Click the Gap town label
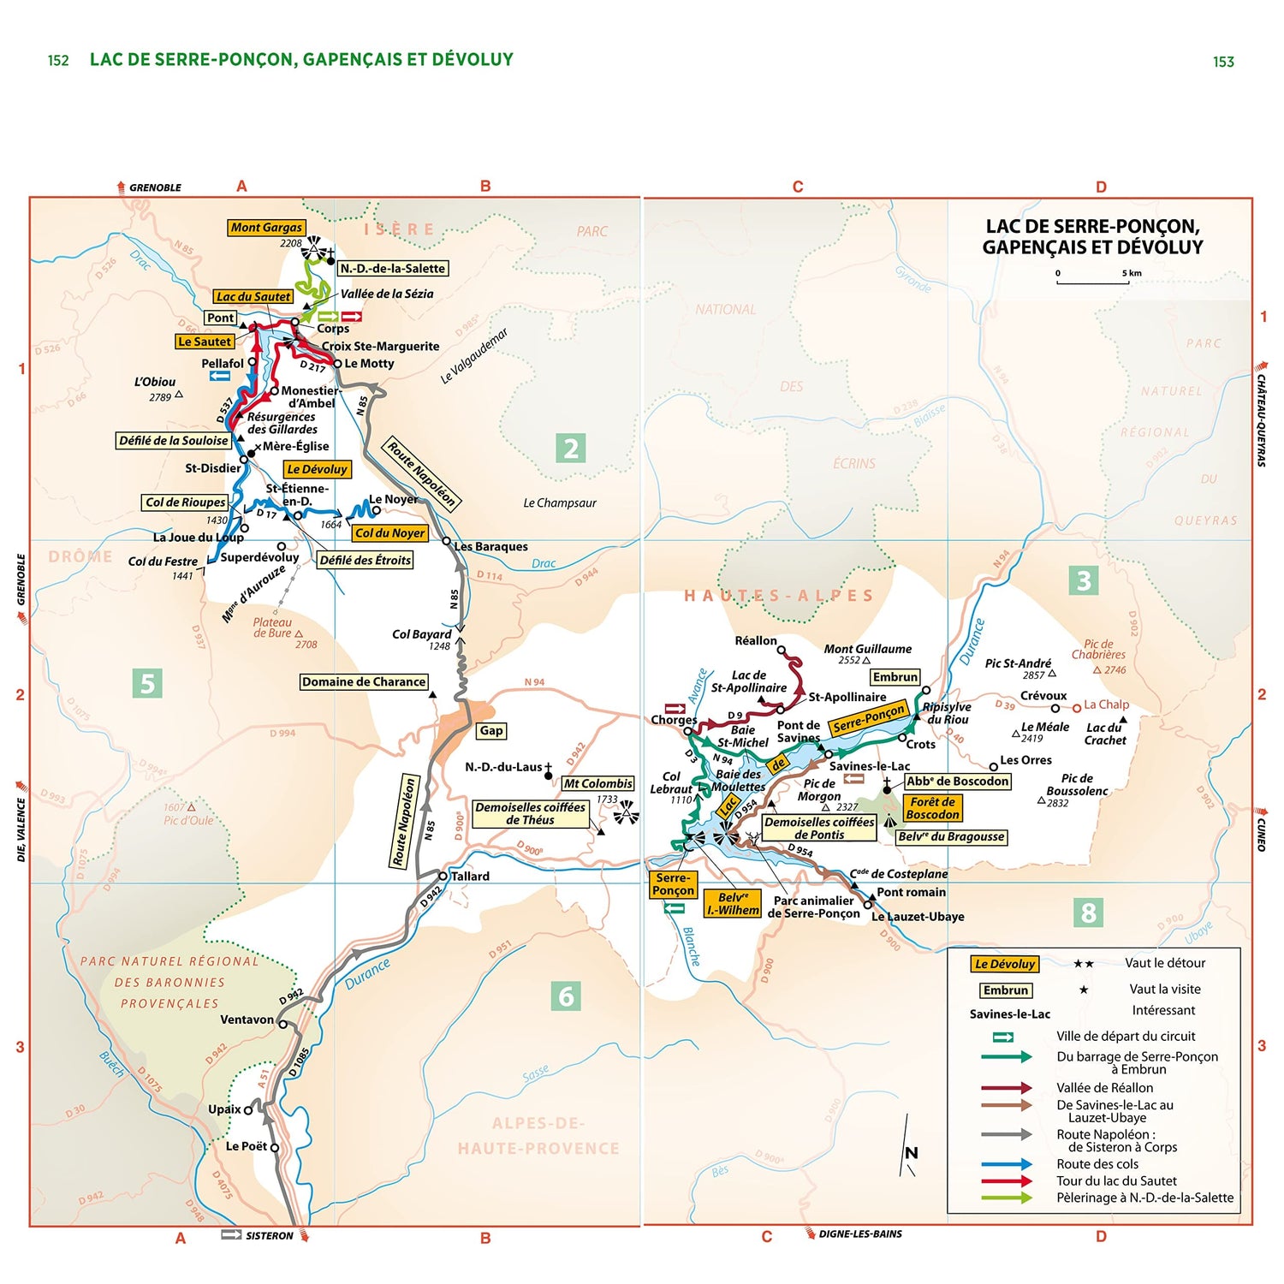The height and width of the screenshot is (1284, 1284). [491, 730]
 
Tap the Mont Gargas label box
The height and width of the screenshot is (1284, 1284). [266, 228]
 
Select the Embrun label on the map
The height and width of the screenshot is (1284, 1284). [895, 677]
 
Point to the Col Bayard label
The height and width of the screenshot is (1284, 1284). [421, 634]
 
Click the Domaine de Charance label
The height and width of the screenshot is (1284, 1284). [364, 682]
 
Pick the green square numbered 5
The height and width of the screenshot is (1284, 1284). [147, 683]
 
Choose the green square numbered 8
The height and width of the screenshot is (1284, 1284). [1088, 912]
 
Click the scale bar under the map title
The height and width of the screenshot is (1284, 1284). [1092, 282]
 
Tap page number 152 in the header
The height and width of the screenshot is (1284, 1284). [58, 61]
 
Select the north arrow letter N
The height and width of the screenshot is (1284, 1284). [912, 1153]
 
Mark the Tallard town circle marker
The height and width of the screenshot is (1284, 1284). [443, 876]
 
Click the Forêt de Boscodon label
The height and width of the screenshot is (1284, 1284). [932, 808]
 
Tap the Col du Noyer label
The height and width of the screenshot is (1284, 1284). [389, 533]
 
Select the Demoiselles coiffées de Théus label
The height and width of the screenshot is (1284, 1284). [530, 813]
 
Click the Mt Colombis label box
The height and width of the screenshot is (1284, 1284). [598, 783]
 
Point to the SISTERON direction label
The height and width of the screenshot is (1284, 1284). [269, 1235]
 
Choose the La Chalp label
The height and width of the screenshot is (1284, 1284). [1106, 704]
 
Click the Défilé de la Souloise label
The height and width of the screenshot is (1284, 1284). [174, 441]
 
